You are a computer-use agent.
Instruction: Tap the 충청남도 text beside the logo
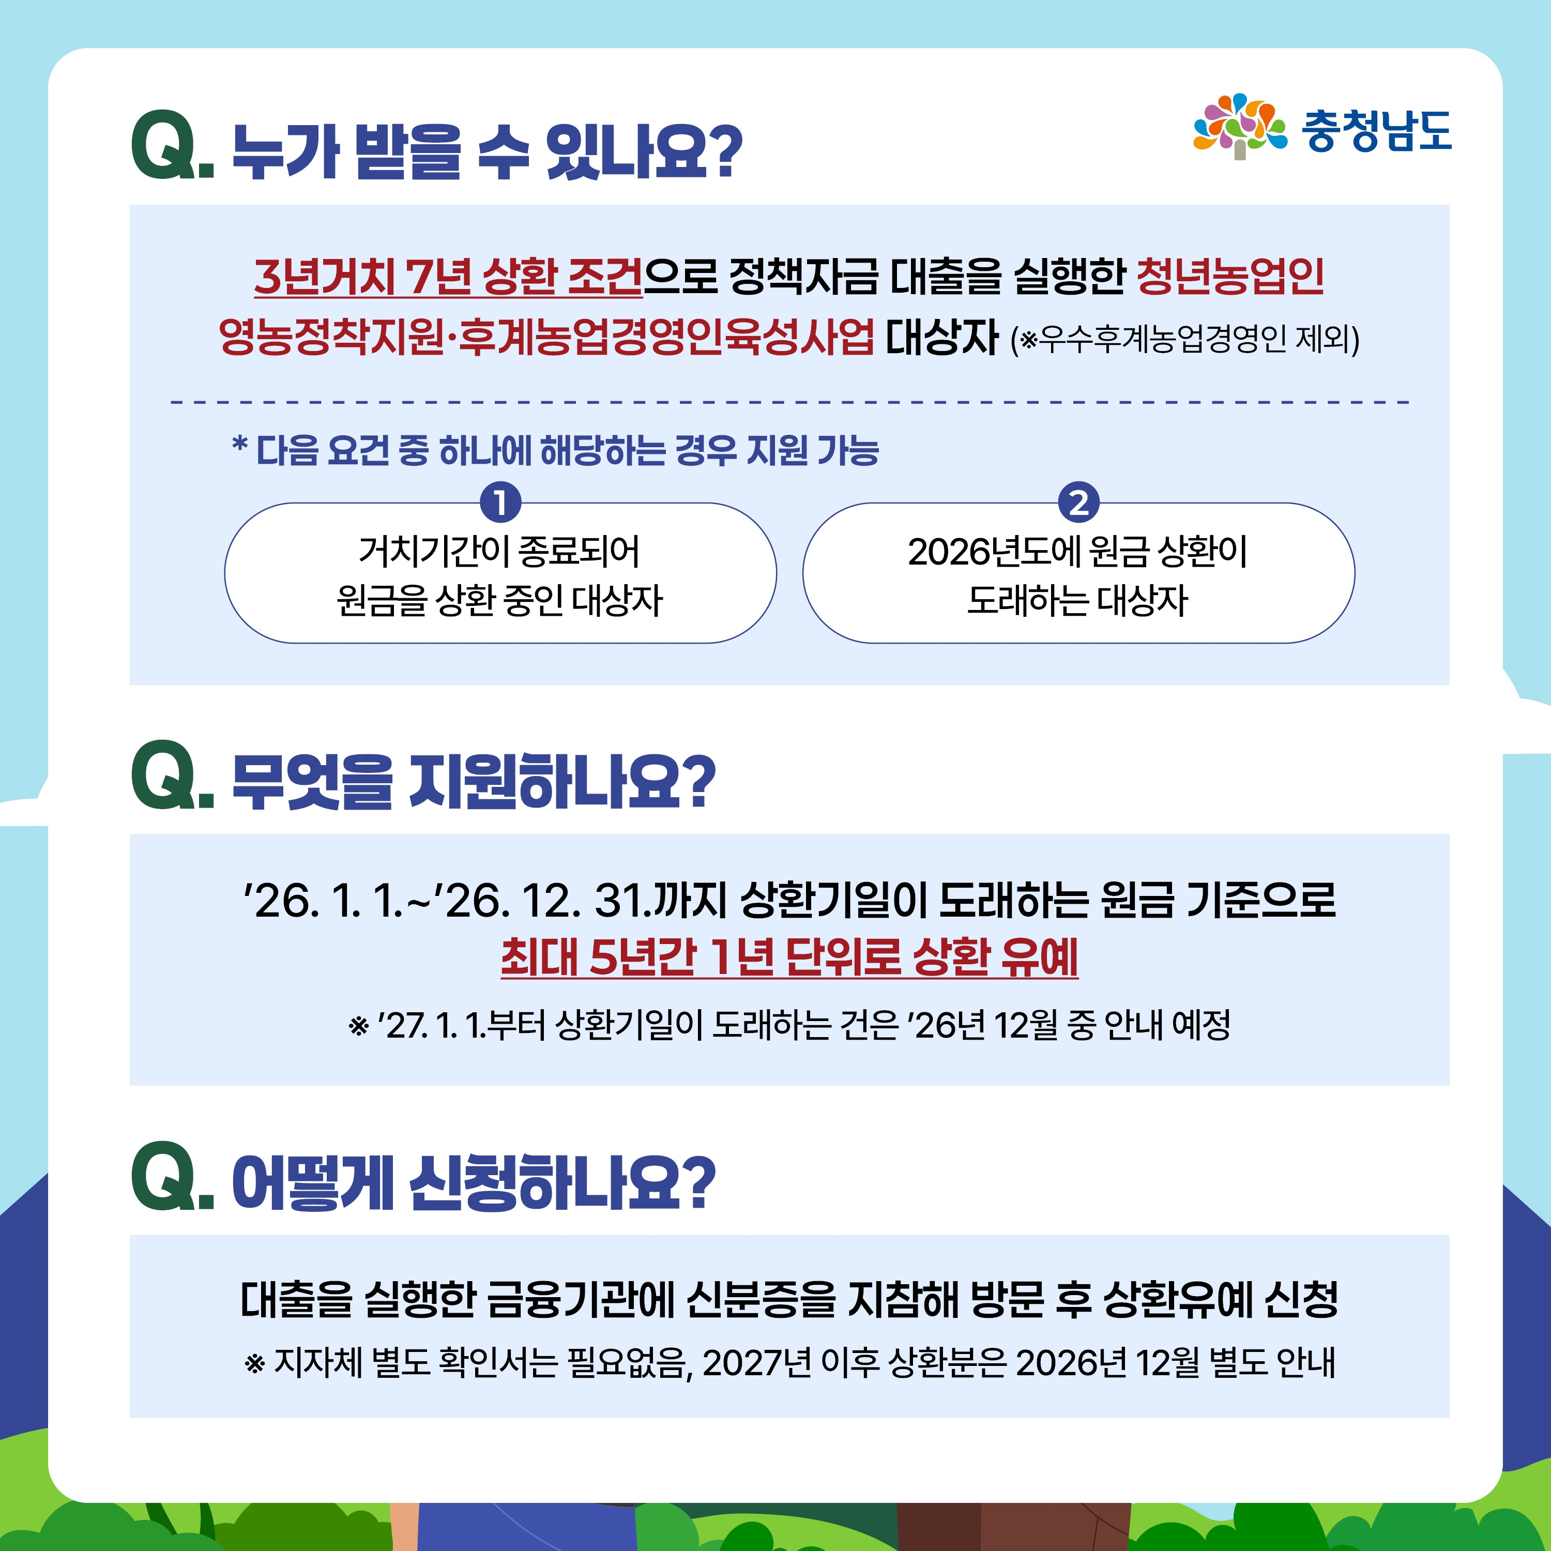(1376, 130)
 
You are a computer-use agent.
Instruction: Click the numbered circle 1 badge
(500, 503)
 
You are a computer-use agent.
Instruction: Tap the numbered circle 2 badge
(1078, 503)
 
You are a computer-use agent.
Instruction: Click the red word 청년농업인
(1230, 276)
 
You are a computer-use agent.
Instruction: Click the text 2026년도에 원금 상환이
(1077, 552)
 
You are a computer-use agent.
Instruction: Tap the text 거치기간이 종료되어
(499, 552)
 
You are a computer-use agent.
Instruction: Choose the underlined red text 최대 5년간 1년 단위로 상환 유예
(789, 957)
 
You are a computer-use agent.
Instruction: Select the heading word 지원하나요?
(562, 780)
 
